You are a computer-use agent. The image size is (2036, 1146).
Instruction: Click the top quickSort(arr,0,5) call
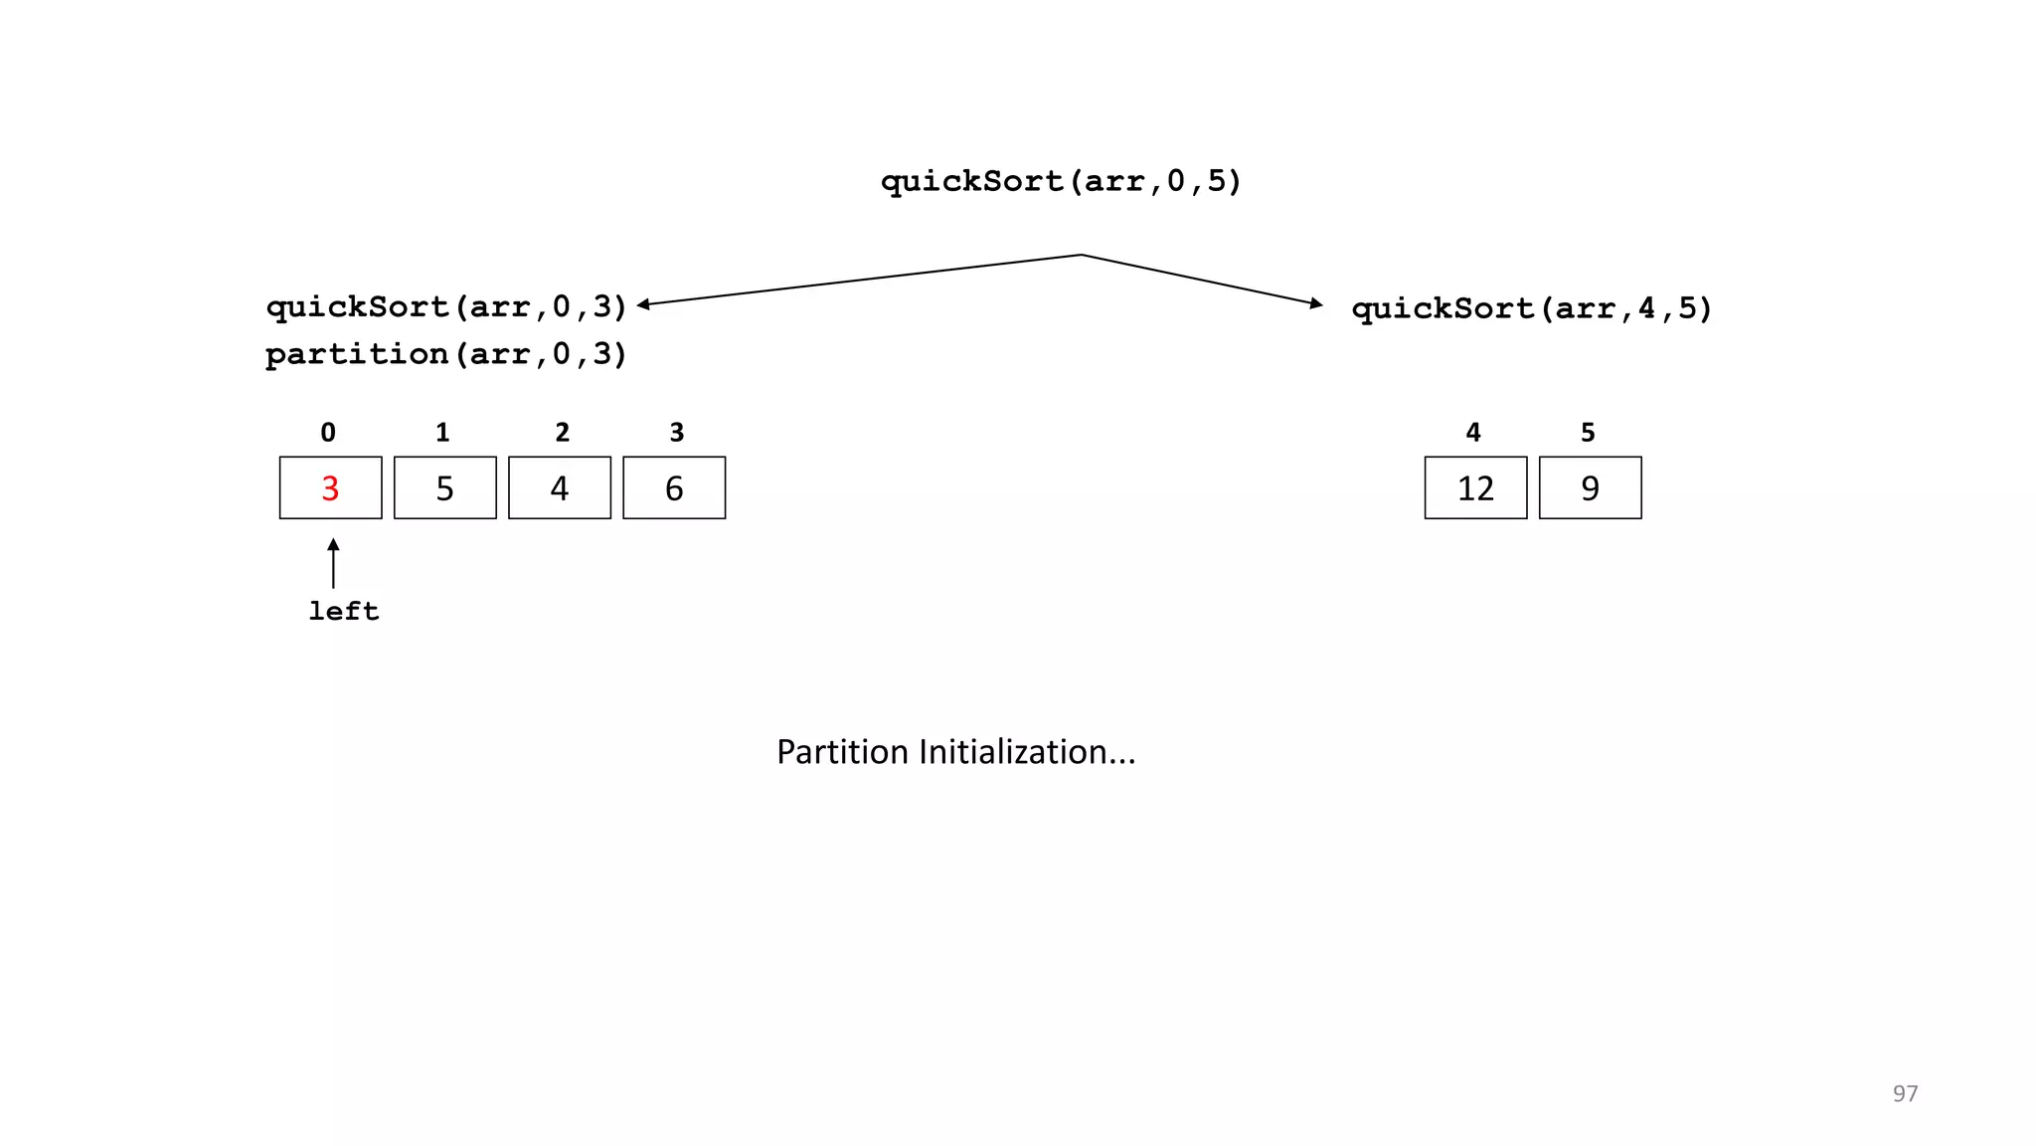(1061, 181)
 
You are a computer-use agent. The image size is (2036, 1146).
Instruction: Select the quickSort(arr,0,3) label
(446, 306)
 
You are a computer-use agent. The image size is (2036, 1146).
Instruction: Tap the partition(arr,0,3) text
(446, 354)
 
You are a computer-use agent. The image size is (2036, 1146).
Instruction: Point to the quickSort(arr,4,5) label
(1532, 308)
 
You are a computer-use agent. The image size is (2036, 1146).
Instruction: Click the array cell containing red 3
(330, 487)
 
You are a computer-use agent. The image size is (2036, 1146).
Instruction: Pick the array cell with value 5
(444, 487)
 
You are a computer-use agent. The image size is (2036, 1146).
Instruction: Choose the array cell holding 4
(560, 487)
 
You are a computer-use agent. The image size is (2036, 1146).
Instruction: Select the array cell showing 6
(674, 487)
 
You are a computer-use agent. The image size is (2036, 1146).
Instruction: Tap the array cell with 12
(1475, 487)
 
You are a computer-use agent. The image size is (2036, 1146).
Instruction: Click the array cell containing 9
(1590, 487)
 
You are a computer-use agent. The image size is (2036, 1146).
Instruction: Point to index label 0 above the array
(328, 433)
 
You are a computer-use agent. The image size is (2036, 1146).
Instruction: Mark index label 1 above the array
(442, 433)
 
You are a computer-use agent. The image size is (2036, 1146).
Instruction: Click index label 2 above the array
(562, 433)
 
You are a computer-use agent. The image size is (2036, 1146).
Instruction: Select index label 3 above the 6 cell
(677, 433)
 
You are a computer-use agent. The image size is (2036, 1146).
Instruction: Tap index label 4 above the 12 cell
(1473, 433)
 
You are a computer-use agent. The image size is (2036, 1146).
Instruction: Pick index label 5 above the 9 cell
(1588, 433)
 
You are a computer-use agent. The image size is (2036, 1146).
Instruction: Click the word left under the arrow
(343, 611)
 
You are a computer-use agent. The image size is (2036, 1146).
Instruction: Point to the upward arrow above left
(333, 563)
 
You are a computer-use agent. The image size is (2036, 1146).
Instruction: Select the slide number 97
(1905, 1093)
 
